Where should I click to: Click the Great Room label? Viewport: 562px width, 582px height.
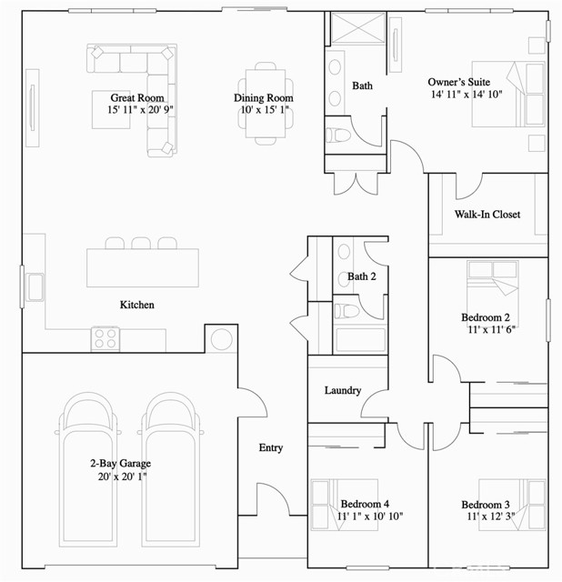(x=136, y=97)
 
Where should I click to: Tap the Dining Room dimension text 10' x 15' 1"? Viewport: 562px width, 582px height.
(x=264, y=110)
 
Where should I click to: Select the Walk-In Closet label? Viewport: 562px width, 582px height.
(x=487, y=215)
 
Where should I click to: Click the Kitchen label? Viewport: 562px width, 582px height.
(x=137, y=305)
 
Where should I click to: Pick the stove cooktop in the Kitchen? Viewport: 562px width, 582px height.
(x=105, y=338)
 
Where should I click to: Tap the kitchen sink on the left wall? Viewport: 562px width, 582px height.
(x=35, y=286)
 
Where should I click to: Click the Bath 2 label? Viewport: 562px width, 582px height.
(x=361, y=276)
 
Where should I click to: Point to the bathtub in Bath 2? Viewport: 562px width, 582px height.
(x=360, y=340)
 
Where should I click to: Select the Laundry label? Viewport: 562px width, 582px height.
(x=343, y=391)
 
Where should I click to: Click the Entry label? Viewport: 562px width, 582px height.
(x=270, y=447)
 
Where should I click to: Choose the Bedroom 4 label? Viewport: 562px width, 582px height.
(x=365, y=504)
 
